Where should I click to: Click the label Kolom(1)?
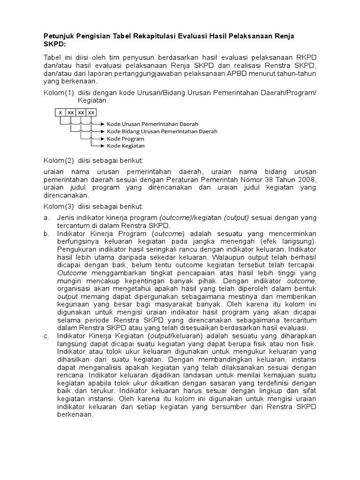click(59, 92)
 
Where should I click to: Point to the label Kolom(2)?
click(59, 161)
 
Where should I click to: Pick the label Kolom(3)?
click(59, 206)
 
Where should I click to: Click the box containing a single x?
click(60, 112)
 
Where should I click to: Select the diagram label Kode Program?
click(126, 139)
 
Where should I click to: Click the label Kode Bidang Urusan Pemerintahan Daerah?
click(162, 131)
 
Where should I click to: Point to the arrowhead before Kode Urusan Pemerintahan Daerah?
click(102, 124)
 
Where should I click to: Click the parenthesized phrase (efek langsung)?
click(290, 241)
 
